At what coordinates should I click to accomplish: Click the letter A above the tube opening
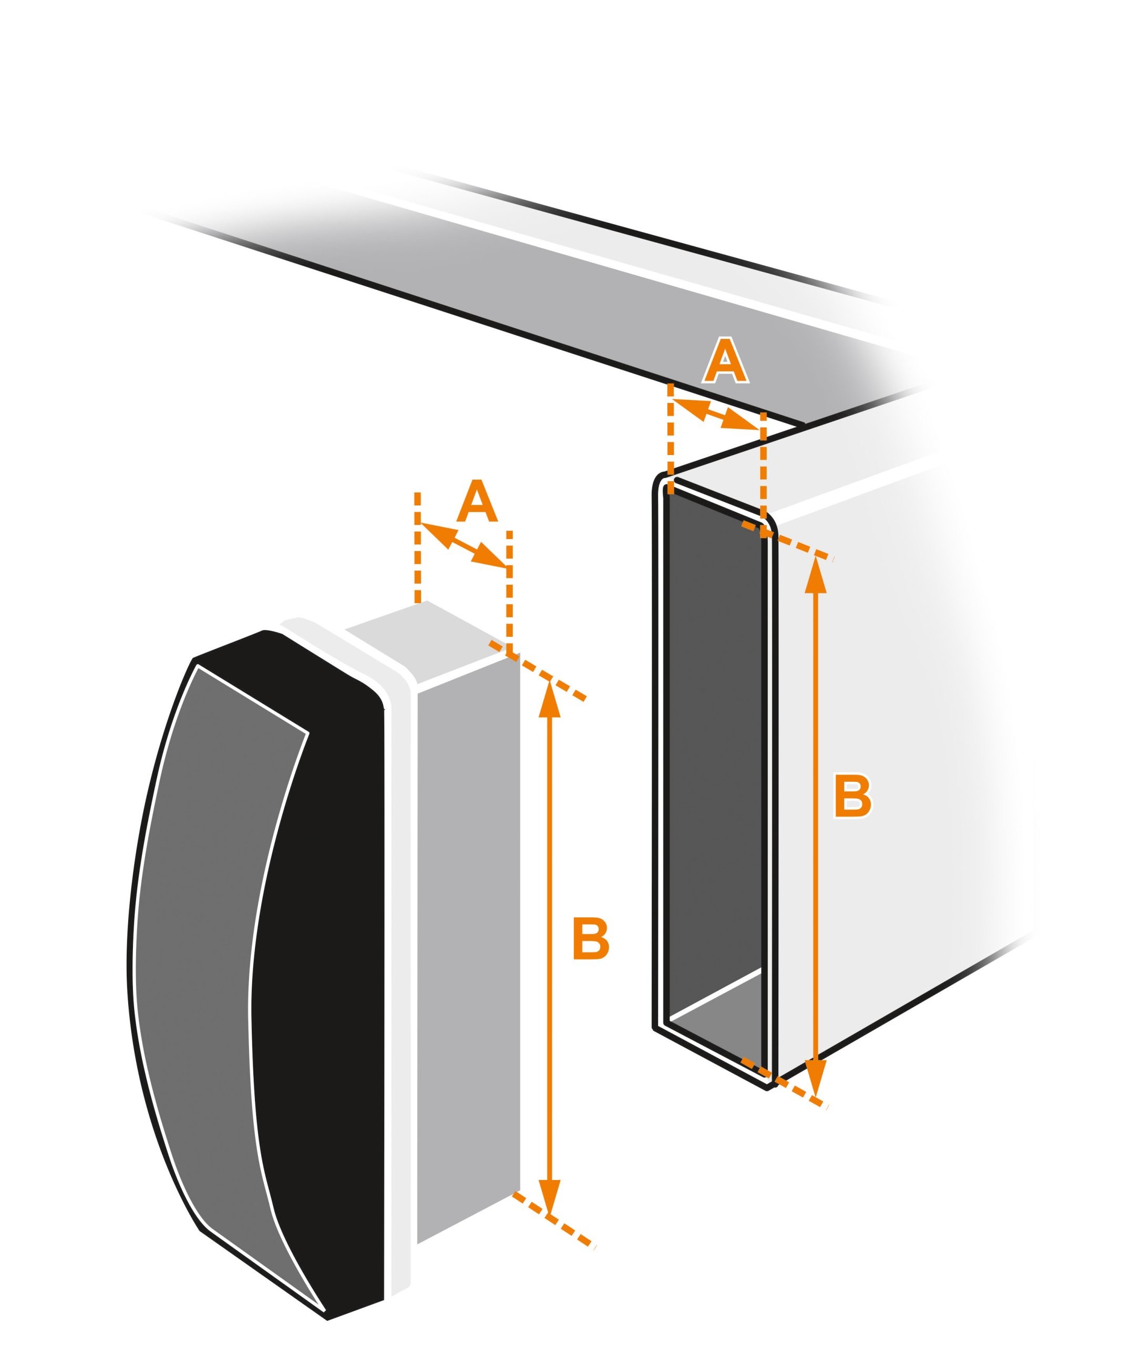[726, 360]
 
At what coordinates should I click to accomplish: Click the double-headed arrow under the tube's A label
[716, 415]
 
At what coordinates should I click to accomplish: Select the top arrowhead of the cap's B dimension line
[550, 698]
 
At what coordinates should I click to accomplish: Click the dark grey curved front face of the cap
[201, 938]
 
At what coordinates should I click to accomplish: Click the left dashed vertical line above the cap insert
[418, 547]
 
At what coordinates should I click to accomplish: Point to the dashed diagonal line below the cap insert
[553, 1220]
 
